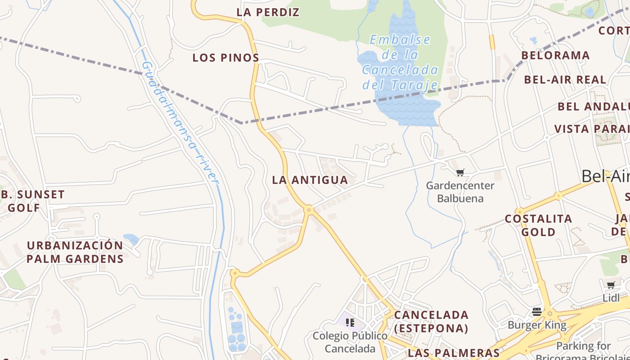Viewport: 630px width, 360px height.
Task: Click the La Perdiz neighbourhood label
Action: pyautogui.click(x=268, y=13)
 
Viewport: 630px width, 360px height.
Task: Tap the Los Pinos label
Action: pyautogui.click(x=226, y=58)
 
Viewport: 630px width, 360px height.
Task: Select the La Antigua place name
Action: pyautogui.click(x=310, y=180)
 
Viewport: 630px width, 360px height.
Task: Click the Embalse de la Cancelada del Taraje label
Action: pyautogui.click(x=400, y=62)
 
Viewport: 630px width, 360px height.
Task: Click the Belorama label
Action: pyautogui.click(x=555, y=55)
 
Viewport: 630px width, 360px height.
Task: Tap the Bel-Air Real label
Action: pyautogui.click(x=565, y=80)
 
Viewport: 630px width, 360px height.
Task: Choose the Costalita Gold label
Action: pyautogui.click(x=538, y=225)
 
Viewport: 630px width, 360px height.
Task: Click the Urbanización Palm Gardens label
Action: pyautogui.click(x=75, y=252)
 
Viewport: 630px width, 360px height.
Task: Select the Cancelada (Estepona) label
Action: pyautogui.click(x=431, y=321)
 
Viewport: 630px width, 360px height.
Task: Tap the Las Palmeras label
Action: pyautogui.click(x=454, y=352)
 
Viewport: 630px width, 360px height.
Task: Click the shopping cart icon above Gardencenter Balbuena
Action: pyautogui.click(x=460, y=172)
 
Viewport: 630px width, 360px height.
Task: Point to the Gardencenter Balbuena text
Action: pyautogui.click(x=460, y=192)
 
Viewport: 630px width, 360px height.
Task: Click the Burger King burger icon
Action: pyautogui.click(x=536, y=311)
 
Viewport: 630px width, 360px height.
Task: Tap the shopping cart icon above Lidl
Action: pyautogui.click(x=611, y=284)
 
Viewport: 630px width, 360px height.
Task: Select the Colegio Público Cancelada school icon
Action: pyautogui.click(x=350, y=322)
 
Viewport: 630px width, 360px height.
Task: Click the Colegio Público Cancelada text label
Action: pyautogui.click(x=350, y=342)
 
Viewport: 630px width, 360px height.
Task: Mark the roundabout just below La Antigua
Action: pyautogui.click(x=309, y=209)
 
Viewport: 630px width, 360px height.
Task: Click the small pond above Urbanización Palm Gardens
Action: pyautogui.click(x=130, y=238)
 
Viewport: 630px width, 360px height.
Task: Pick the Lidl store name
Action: pyautogui.click(x=611, y=298)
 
